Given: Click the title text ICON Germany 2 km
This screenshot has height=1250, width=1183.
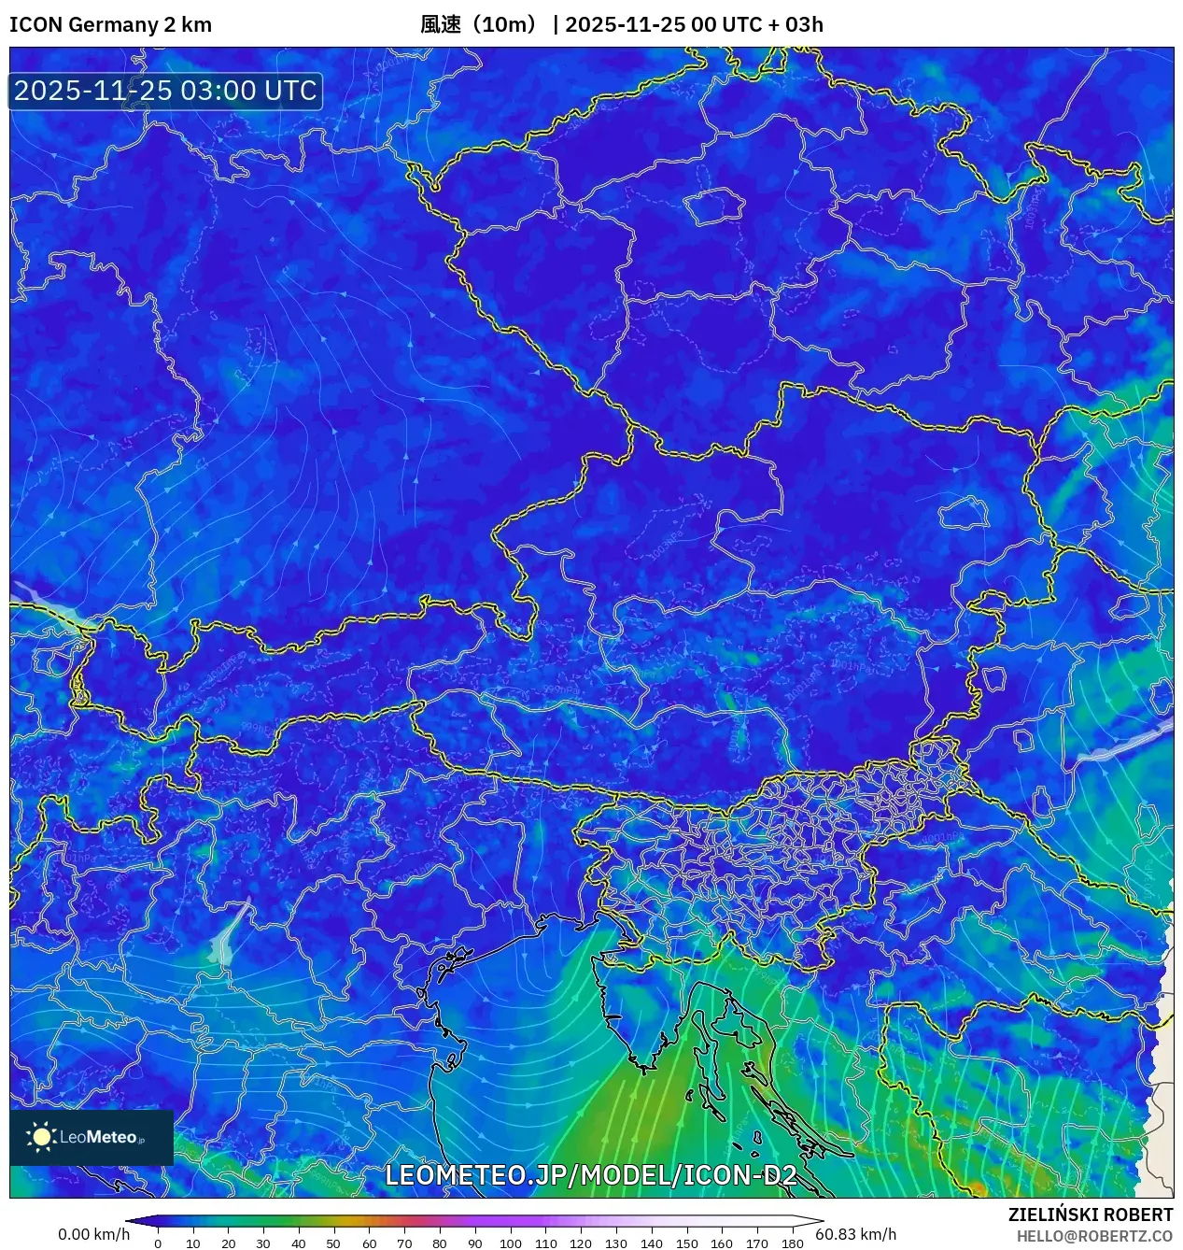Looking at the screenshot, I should click(110, 24).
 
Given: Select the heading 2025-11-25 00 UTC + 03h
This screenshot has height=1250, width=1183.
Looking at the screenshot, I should click(694, 24).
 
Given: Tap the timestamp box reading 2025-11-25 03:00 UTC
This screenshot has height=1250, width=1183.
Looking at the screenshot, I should click(165, 91).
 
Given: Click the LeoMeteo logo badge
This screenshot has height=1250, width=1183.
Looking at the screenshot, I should click(92, 1137).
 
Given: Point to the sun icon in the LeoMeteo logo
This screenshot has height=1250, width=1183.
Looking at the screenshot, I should click(41, 1137).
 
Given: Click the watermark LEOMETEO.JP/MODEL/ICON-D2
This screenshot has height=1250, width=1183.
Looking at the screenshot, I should click(591, 1175).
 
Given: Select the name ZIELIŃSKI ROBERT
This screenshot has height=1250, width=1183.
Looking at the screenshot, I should click(1090, 1214).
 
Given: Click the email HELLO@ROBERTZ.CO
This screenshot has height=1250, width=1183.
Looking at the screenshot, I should click(1094, 1236).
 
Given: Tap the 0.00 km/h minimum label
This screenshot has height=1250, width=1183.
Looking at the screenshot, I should click(93, 1234).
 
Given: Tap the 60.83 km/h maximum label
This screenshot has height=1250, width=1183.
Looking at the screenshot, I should click(855, 1234).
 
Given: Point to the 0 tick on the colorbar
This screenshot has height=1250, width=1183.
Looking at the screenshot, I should click(157, 1243).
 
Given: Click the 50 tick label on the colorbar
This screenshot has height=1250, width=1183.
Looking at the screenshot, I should click(333, 1243).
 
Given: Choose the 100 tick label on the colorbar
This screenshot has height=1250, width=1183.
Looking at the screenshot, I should click(510, 1243).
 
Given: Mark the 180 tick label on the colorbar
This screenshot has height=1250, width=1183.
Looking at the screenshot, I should click(792, 1243).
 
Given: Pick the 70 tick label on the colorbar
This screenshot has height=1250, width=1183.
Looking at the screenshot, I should click(404, 1243).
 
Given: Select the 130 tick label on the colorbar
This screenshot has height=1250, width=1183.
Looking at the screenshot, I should click(615, 1243).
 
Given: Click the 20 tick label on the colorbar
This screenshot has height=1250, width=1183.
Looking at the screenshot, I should click(228, 1243).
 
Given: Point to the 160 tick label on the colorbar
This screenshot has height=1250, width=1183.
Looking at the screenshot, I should click(722, 1243).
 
